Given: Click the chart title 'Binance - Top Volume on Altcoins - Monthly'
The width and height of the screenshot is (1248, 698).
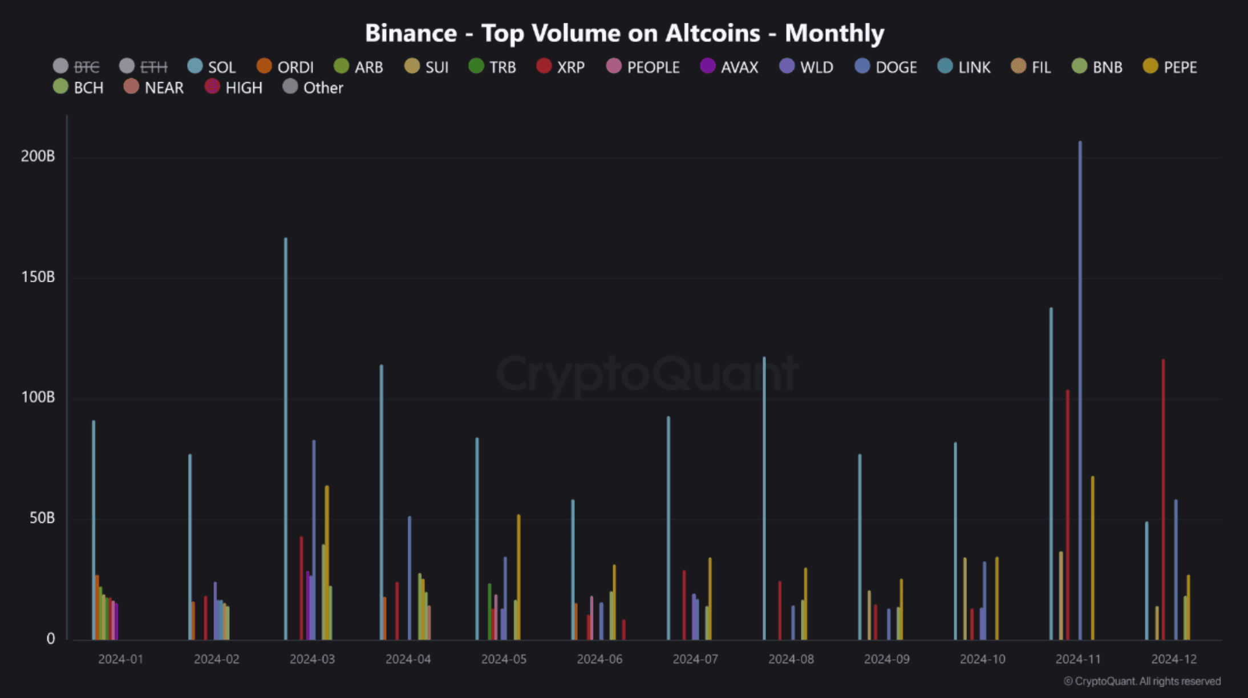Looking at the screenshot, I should point(625,33).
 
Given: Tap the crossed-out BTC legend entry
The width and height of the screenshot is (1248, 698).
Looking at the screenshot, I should point(76,67).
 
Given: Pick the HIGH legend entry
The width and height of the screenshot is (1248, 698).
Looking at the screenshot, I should point(234,88).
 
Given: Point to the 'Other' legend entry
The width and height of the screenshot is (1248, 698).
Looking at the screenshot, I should point(313,88).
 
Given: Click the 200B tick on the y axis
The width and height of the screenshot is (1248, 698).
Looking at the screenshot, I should point(38,156).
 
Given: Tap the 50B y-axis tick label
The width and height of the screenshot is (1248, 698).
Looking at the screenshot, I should point(42,518).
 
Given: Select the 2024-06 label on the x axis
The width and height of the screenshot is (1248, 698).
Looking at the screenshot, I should point(599,659).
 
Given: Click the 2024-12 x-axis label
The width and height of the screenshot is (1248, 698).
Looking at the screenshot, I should point(1174,659).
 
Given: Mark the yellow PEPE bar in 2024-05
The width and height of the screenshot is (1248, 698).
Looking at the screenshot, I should point(518,576).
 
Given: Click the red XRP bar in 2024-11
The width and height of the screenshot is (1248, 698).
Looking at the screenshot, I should point(1067,513).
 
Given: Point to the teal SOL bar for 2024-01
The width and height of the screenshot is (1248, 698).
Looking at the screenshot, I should point(94,530).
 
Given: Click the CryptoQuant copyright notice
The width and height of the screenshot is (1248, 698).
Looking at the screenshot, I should point(1142,681).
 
